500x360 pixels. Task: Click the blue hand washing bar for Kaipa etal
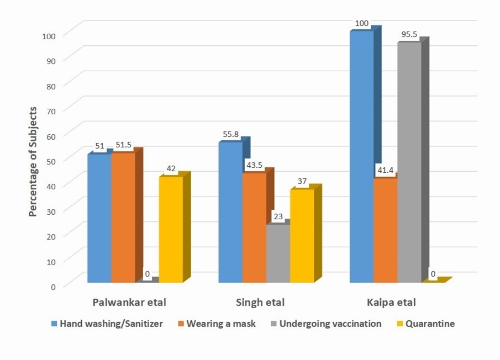(x=361, y=157)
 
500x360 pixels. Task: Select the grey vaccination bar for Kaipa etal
(x=409, y=163)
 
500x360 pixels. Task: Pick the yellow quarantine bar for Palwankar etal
(x=171, y=230)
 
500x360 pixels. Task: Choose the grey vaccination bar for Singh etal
(x=278, y=253)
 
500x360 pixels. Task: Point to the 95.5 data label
(x=408, y=34)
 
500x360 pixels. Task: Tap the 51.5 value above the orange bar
(x=123, y=145)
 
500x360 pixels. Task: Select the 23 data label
(x=277, y=217)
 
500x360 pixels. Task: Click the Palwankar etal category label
(x=129, y=303)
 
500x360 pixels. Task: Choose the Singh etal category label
(x=260, y=303)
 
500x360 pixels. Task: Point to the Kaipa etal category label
(x=391, y=303)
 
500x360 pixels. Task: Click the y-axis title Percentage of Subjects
(x=33, y=162)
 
